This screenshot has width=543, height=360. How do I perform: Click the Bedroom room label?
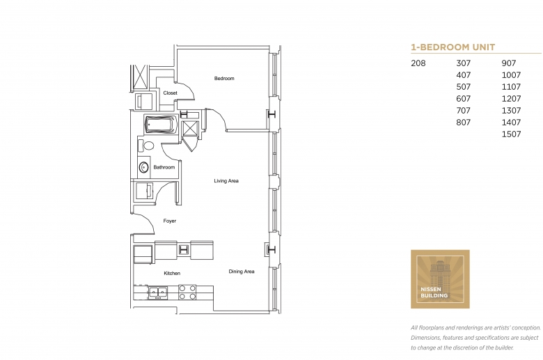tap(224, 78)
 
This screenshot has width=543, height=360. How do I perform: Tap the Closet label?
tap(170, 93)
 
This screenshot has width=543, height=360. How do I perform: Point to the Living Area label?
tap(226, 181)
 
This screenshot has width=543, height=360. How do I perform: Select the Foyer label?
tap(170, 221)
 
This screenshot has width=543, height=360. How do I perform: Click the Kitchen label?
tap(172, 274)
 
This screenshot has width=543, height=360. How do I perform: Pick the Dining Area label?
tap(242, 272)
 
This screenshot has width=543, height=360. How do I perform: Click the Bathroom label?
tap(164, 167)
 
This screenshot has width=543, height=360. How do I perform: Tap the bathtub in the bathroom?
tap(161, 125)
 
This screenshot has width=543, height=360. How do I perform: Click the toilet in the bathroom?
tap(145, 146)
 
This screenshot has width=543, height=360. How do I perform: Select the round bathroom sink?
tap(143, 168)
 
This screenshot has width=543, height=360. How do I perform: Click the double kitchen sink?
tap(158, 292)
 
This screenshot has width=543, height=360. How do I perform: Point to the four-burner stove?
tap(187, 292)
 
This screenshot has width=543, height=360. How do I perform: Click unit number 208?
tap(418, 63)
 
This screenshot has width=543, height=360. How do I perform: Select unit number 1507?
tap(511, 134)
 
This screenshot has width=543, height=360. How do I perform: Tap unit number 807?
tap(464, 123)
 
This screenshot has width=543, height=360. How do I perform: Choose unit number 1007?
tap(511, 75)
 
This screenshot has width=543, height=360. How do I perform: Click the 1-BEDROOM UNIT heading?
tap(453, 47)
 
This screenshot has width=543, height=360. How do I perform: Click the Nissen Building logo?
tap(440, 279)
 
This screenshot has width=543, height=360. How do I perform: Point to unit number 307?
tap(464, 63)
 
